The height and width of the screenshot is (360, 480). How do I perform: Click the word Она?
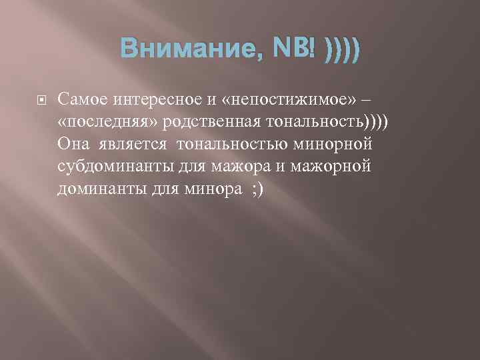click(73, 145)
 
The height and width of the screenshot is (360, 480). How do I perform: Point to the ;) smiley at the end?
click(257, 189)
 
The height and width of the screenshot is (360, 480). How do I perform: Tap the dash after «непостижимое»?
click(366, 100)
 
